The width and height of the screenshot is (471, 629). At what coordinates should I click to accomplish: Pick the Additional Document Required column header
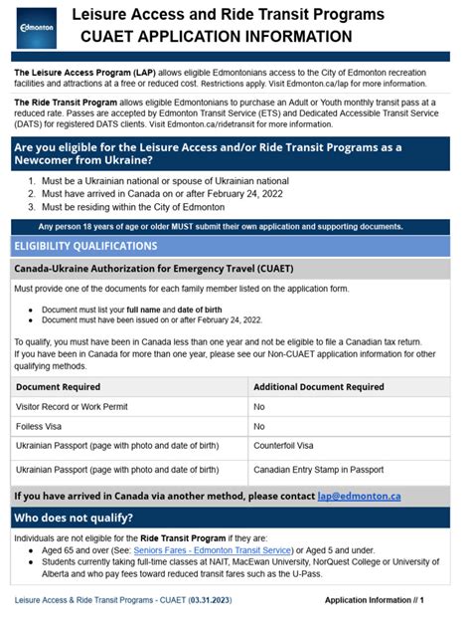point(318,387)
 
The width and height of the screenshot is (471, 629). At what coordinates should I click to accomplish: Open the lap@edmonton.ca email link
point(359,495)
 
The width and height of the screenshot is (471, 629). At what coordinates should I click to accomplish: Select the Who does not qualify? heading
point(74,518)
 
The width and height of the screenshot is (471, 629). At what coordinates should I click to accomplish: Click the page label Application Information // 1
point(374,600)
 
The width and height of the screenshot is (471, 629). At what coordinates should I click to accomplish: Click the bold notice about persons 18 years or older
point(235,226)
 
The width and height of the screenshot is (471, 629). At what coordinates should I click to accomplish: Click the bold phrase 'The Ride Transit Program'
point(67,103)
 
